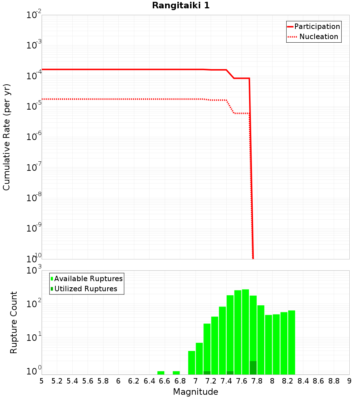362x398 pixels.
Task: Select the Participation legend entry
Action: [313, 27]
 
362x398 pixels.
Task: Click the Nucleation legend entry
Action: [313, 37]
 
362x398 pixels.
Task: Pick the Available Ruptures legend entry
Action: [87, 279]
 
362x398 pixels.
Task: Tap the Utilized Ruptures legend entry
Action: [84, 289]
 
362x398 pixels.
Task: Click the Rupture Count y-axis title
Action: [14, 322]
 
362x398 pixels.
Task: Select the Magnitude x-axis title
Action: [195, 392]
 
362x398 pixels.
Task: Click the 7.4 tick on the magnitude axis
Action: [226, 381]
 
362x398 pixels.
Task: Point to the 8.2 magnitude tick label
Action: [288, 381]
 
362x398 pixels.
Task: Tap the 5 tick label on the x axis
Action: [42, 381]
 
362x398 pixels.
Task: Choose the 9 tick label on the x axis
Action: [349, 381]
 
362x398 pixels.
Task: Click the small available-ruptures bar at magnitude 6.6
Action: [161, 373]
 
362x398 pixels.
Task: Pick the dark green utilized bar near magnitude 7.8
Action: [253, 368]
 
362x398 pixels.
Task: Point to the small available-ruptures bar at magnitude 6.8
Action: [176, 373]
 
